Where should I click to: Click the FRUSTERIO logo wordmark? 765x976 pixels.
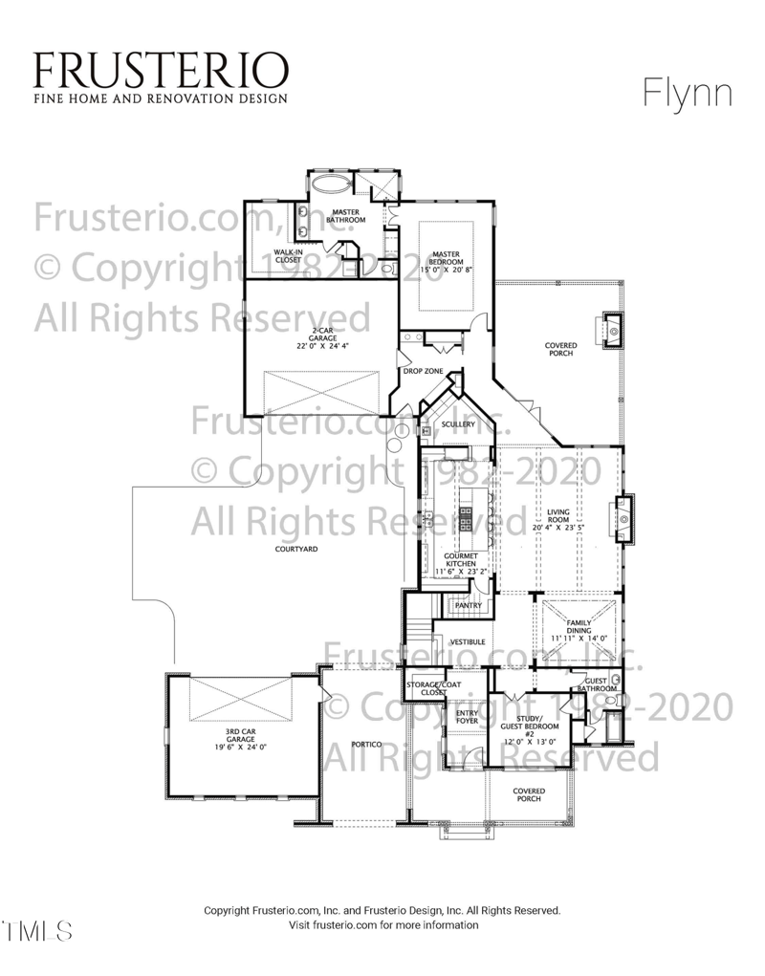[160, 69]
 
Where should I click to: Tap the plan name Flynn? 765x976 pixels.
[687, 94]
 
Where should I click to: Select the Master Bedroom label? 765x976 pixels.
[447, 258]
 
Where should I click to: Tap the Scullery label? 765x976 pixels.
[458, 424]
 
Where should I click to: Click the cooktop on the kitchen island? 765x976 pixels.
[467, 517]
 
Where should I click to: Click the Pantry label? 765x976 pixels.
[468, 605]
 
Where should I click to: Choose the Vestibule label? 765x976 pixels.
[468, 641]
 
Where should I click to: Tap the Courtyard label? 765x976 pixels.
[296, 550]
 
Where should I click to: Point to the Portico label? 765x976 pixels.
[366, 744]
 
